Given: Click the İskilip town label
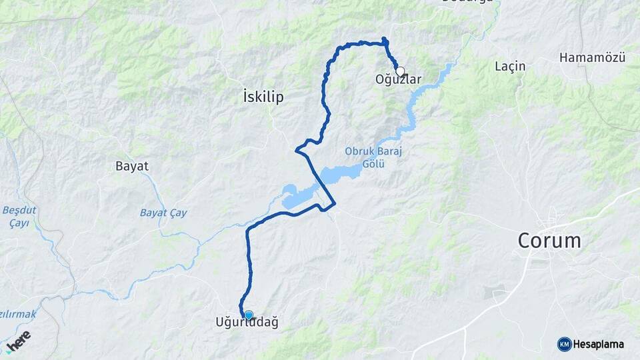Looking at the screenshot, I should [x=264, y=97].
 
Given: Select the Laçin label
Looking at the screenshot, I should [x=511, y=66].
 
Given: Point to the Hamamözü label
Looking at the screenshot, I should [x=592, y=58].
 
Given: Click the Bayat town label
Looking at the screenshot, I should [x=132, y=166].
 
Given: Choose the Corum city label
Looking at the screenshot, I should [x=550, y=241].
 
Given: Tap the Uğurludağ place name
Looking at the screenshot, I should [x=247, y=323].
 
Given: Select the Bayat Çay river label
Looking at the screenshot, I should [x=163, y=213].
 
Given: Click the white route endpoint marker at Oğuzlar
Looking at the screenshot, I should [x=400, y=71].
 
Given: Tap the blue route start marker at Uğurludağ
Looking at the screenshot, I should [x=249, y=315].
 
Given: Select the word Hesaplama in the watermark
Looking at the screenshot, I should [x=599, y=345].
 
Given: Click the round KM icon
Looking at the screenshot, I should [x=564, y=344].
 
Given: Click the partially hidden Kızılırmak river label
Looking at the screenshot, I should [x=20, y=313].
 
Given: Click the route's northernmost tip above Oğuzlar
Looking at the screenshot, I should [x=384, y=39].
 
